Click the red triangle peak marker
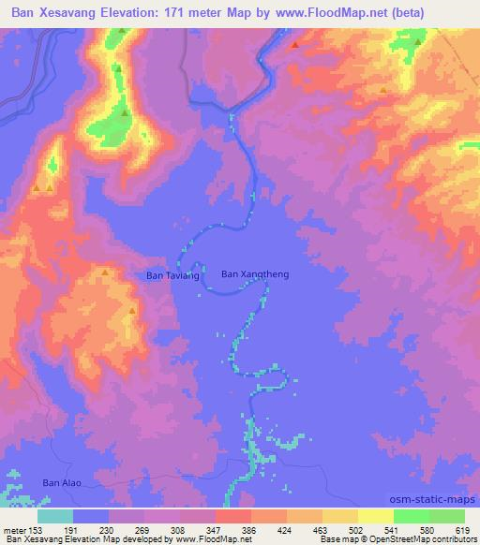pyautogui.click(x=296, y=44)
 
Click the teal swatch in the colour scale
pyautogui.click(x=55, y=516)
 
